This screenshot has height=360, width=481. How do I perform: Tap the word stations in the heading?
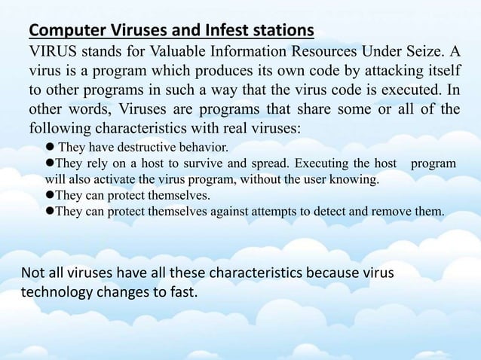[x=283, y=31]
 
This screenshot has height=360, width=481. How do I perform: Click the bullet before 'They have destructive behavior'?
[x=50, y=146]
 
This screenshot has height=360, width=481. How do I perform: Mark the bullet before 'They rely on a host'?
[x=50, y=163]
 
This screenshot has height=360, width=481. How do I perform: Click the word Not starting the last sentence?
[x=32, y=272]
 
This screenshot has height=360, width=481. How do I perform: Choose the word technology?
[x=58, y=291]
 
